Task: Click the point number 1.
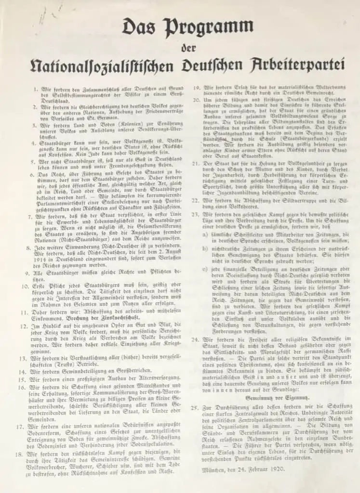[35, 90]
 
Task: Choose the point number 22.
[195, 199]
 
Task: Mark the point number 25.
[195, 408]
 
